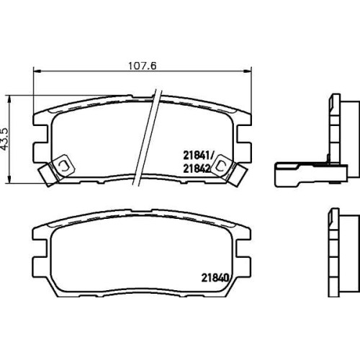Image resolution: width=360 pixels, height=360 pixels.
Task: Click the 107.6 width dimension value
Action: coord(143,66)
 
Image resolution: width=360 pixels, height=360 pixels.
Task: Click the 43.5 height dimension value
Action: coord(6,139)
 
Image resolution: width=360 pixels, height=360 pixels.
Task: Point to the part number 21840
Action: coord(215,278)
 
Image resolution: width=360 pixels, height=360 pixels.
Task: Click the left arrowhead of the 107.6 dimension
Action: coord(37,71)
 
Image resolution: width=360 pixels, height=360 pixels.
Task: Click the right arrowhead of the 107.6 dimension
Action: coord(248,71)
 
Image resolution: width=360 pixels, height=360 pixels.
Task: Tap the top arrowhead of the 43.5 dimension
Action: coord(9,99)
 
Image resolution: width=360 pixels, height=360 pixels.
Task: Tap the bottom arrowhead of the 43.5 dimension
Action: coord(9,180)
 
